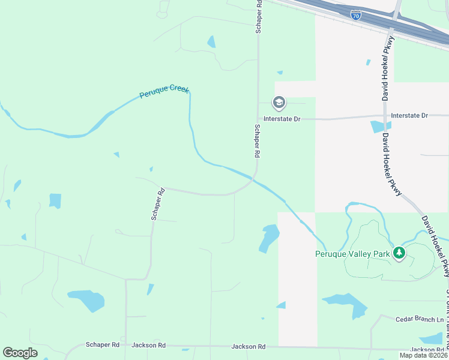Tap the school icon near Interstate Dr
pos(279,103)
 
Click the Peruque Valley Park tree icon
pos(399,253)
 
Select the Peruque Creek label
pos(164,92)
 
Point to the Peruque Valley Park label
pos(353,254)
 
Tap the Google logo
pos(20,353)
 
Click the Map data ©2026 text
pos(423,355)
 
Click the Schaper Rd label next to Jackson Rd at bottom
pos(103,345)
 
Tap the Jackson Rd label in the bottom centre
pos(249,347)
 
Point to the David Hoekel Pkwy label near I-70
pos(387,67)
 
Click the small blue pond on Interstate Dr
pos(380,127)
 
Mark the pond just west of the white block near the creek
pos(268,238)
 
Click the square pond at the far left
pos(55,200)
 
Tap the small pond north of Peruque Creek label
pos(211,42)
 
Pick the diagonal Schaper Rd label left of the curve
pos(158,205)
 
